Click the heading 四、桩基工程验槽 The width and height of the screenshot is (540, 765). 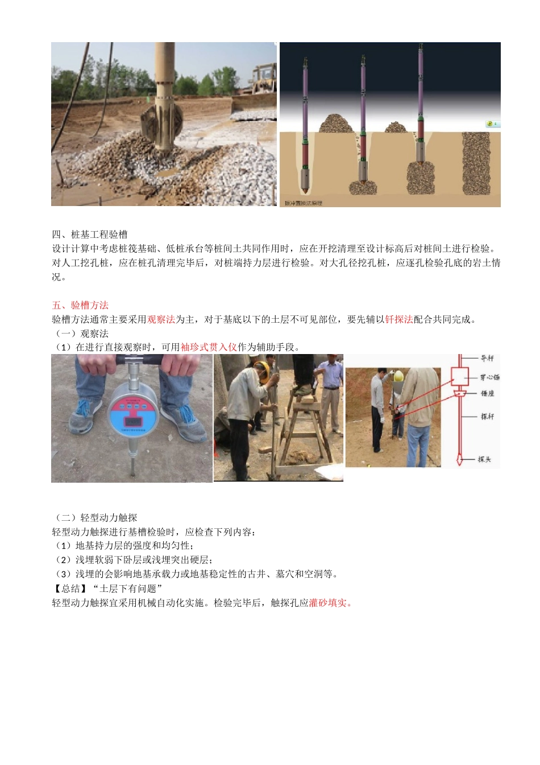click(x=90, y=235)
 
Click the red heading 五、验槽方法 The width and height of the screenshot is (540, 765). click(x=80, y=305)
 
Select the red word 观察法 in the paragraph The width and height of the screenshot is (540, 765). click(x=161, y=319)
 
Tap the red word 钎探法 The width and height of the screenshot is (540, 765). click(x=399, y=319)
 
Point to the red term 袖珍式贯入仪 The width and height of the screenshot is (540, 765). click(x=209, y=347)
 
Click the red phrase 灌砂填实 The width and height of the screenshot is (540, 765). click(x=330, y=603)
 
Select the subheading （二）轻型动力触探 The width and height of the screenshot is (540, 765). click(x=95, y=517)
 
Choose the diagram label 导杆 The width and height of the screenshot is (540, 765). click(x=487, y=358)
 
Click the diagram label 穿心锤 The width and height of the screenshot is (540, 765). click(x=489, y=377)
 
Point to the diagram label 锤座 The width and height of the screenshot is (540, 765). click(x=487, y=393)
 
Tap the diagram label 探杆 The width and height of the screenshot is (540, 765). click(x=487, y=416)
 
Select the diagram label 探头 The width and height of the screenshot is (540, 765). click(x=484, y=459)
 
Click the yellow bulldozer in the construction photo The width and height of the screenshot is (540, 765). click(x=264, y=79)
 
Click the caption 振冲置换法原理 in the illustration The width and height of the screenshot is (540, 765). click(x=304, y=203)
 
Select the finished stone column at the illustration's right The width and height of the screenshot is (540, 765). click(x=476, y=163)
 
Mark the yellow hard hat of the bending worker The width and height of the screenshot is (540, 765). click(x=261, y=370)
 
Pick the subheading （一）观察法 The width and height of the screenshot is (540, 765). click(x=81, y=334)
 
